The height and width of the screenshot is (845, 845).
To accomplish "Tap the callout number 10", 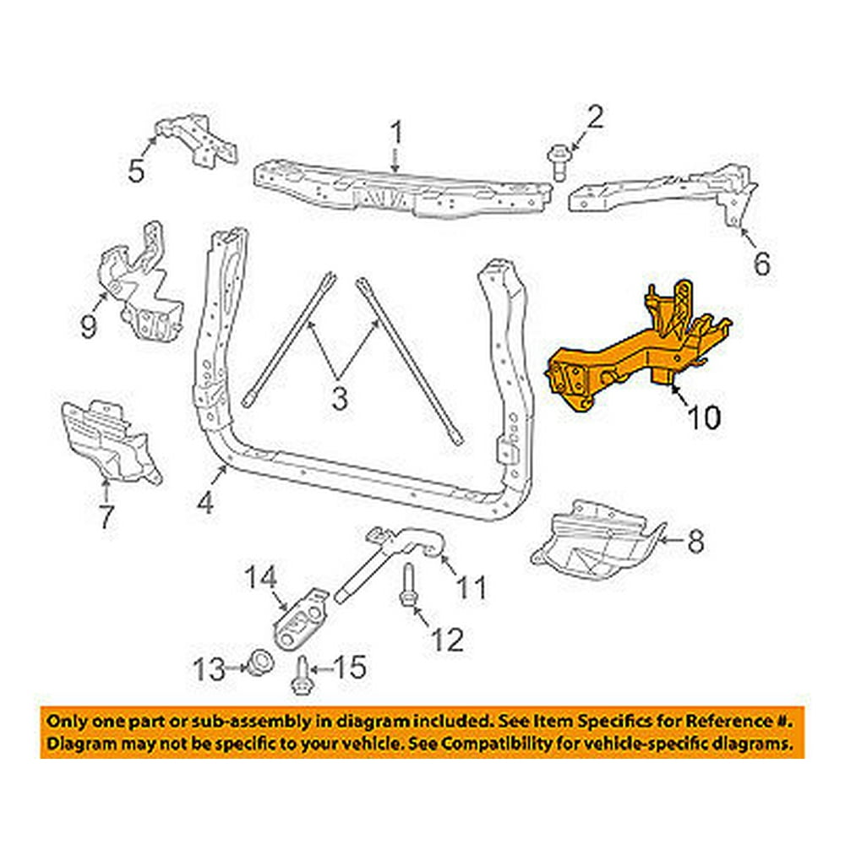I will [703, 417].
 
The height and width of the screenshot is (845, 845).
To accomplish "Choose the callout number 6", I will [761, 264].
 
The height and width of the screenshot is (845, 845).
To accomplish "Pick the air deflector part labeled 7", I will [110, 439].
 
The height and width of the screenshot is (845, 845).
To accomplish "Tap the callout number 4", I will [205, 504].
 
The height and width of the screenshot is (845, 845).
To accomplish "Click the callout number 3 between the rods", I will [339, 398].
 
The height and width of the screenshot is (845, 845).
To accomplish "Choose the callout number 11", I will [473, 586].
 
